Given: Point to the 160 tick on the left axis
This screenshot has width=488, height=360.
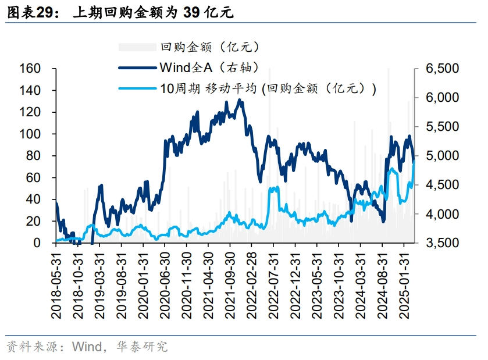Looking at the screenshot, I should pos(30,69).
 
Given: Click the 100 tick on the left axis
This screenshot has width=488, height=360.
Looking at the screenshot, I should pos(30,134).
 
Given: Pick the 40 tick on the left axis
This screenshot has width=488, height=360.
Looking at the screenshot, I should pos(33,199).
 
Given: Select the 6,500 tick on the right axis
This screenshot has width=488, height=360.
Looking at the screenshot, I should pos(442,69).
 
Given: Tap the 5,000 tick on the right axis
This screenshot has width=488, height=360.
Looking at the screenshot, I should pos(442,156).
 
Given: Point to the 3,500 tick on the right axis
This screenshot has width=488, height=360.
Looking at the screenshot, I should pos(442,243).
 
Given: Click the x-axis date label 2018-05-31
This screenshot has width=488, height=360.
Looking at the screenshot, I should pos(56,284).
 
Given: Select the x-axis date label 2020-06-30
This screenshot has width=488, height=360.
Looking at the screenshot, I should pos(165,284).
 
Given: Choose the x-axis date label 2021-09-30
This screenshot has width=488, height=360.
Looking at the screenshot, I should pos(230,284).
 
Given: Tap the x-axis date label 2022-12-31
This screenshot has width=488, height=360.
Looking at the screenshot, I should pos(295,284).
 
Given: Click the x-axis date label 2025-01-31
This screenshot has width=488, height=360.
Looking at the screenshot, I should pos(404,284).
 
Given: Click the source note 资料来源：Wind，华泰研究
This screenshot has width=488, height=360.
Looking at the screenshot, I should pos(87,347).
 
